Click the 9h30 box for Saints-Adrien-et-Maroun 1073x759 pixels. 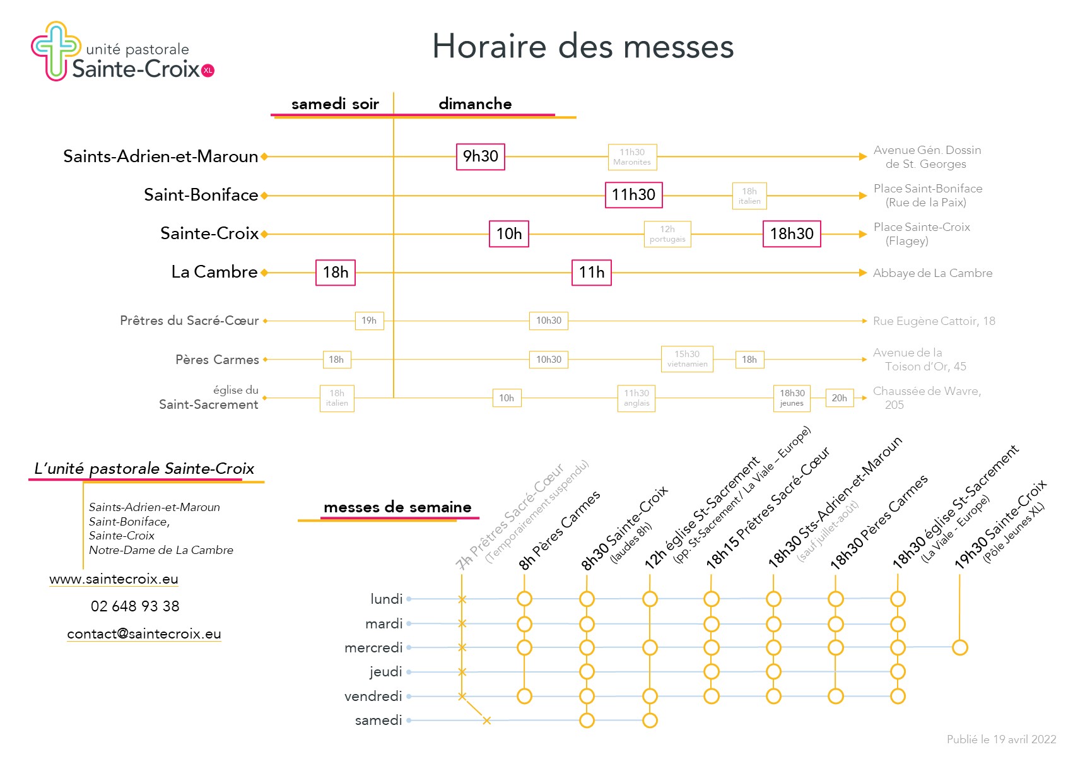point(481,156)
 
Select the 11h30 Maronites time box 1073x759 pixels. point(632,156)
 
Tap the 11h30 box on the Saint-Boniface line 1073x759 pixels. point(634,195)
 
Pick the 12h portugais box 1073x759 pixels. point(667,234)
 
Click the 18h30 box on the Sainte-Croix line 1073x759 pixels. point(792,234)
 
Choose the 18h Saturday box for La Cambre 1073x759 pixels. point(336,273)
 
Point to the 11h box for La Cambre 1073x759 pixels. point(592,273)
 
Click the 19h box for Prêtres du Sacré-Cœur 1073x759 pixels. point(369,321)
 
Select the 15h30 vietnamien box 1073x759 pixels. point(687,359)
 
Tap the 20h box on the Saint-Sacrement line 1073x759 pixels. point(839,398)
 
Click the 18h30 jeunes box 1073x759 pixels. point(792,398)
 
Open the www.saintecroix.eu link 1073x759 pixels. point(114,579)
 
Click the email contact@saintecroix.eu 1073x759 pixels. point(144,634)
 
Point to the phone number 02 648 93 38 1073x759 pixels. point(135,606)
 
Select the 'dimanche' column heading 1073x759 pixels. point(475,103)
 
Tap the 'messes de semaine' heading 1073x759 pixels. point(397,507)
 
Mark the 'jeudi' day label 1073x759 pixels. point(385,672)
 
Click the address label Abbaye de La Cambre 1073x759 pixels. point(933,273)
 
